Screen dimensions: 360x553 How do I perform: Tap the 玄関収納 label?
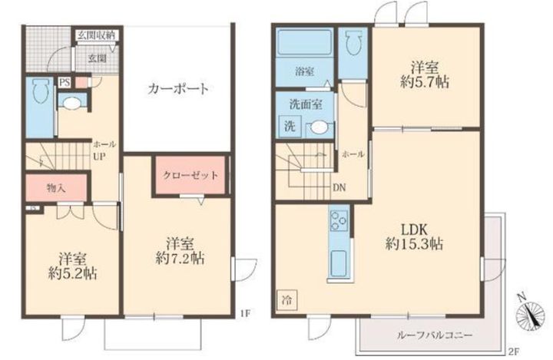tap(96, 35)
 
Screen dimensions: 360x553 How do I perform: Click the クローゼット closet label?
tap(190, 175)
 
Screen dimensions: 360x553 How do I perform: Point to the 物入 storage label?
tap(55, 188)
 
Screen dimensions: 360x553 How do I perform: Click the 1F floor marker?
tap(245, 313)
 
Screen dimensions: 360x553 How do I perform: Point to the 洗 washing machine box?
tap(290, 126)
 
